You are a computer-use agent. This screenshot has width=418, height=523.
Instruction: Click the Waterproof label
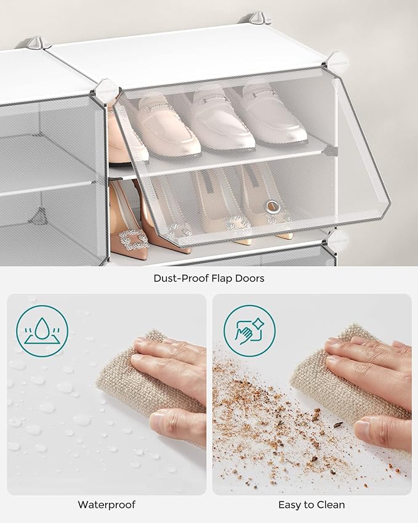pos(107,505)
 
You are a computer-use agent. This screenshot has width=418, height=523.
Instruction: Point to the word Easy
pos(290,505)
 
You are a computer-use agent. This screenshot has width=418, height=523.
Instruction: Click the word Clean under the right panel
pos(331,505)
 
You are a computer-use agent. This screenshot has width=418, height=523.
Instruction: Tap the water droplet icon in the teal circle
pos(42,331)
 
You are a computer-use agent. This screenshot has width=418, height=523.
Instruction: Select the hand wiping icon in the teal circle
pos(249,331)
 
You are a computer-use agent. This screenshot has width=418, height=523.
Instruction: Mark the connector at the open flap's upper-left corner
pos(105,91)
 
